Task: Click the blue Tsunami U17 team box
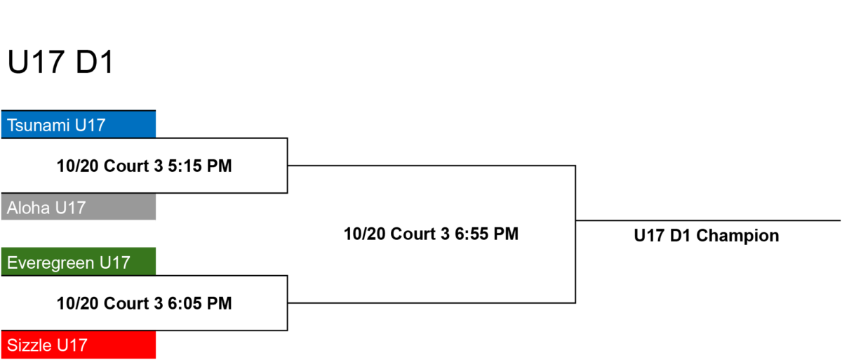[79, 124]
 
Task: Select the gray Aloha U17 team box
[79, 207]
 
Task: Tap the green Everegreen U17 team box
[79, 262]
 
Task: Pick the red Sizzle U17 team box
[79, 345]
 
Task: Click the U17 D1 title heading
[60, 62]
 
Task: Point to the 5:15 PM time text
[199, 166]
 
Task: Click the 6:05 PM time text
[199, 304]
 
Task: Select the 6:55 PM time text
[486, 234]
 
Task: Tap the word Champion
[737, 236]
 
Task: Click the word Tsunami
[39, 125]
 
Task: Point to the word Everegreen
[51, 263]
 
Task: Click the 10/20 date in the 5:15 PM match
[77, 166]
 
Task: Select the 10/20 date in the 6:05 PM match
[77, 304]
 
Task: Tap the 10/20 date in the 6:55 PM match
[365, 234]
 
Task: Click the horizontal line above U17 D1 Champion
[708, 220]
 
